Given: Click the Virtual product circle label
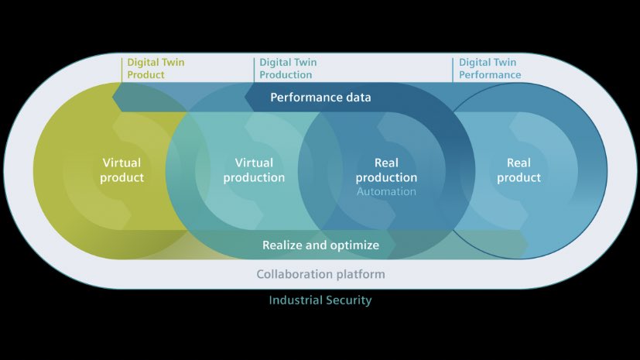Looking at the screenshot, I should (x=122, y=170).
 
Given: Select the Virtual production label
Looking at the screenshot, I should (x=254, y=170).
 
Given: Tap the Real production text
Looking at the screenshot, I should (x=385, y=170).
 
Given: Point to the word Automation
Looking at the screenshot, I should (x=386, y=191).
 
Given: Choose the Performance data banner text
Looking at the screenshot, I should (x=320, y=98).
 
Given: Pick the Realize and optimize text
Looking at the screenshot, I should (x=320, y=245).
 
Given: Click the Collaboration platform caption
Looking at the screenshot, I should (x=320, y=274).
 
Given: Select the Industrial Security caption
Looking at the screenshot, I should (x=320, y=300).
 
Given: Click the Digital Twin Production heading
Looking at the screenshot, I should (x=287, y=69).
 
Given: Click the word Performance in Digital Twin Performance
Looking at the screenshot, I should (x=490, y=75).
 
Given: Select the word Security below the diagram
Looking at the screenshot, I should (x=348, y=300).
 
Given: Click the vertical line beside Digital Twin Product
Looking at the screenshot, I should (x=121, y=69).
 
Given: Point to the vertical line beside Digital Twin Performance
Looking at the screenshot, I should (x=453, y=69).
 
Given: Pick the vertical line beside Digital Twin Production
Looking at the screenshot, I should (x=254, y=69).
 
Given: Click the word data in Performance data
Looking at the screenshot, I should (x=358, y=98).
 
